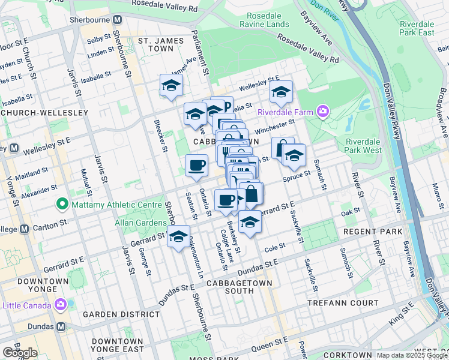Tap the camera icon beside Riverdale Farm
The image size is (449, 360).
(x=324, y=111)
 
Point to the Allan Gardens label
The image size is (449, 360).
(x=139, y=223)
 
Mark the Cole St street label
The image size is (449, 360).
(x=274, y=247)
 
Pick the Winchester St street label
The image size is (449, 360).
(x=275, y=127)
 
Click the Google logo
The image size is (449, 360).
(x=20, y=353)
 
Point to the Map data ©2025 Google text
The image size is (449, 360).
(x=412, y=355)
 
